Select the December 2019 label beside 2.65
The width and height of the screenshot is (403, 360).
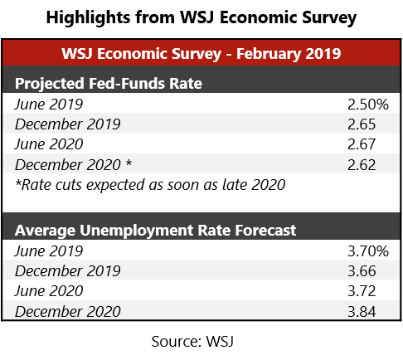(67, 124)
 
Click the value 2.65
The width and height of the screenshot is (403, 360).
(362, 124)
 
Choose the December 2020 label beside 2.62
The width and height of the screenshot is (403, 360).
(67, 164)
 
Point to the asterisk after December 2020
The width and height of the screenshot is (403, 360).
(128, 163)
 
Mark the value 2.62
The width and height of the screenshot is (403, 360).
(362, 164)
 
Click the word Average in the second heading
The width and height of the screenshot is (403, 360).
(43, 230)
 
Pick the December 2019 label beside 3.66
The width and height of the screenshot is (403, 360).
(67, 271)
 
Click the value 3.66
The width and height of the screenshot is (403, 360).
(362, 271)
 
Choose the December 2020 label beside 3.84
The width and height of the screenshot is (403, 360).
(67, 311)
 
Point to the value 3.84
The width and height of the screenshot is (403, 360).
(362, 311)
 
